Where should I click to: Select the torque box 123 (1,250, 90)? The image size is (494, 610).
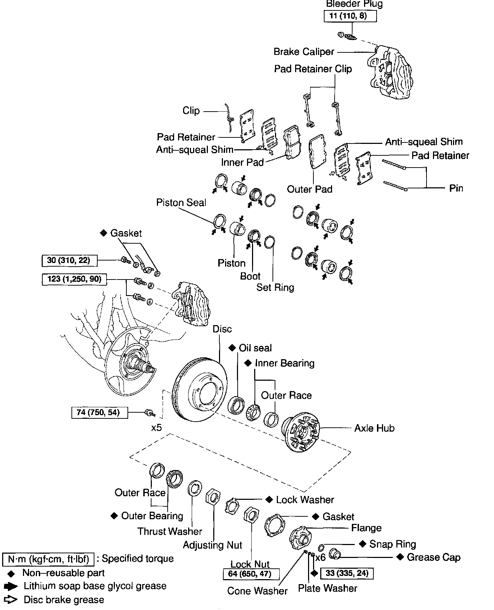(x=75, y=279)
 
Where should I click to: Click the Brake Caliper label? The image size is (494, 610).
(x=304, y=52)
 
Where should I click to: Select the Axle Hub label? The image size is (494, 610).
(x=374, y=428)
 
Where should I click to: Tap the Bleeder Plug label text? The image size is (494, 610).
(x=354, y=4)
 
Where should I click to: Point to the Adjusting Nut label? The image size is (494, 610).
(x=213, y=545)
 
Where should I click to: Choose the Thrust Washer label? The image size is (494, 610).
(x=170, y=531)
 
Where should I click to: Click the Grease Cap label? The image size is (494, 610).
(x=433, y=557)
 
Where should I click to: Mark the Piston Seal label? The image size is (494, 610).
(x=181, y=203)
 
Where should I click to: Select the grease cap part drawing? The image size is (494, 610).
(x=335, y=554)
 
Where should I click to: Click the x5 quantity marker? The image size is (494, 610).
(x=157, y=428)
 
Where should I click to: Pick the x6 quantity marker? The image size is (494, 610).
(x=320, y=557)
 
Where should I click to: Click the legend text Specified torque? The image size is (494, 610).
(x=138, y=559)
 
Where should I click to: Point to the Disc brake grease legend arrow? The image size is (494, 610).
(x=11, y=600)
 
